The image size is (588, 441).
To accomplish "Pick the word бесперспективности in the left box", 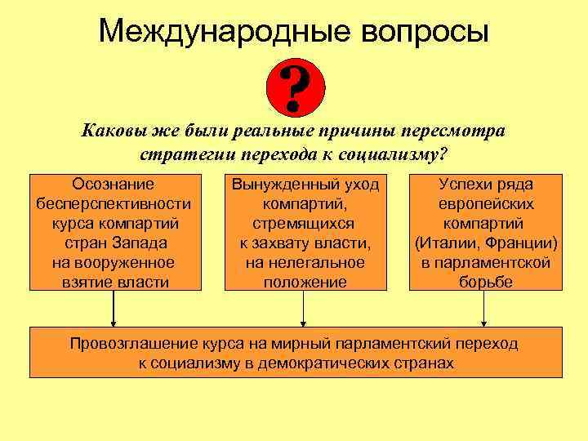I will (113, 203).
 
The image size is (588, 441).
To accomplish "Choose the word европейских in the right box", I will (486, 203).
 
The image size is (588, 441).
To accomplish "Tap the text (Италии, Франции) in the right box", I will (486, 243).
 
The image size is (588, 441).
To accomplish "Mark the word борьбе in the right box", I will (486, 282).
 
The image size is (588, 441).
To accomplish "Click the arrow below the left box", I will (114, 310).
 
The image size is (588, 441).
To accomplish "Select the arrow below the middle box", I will (304, 310).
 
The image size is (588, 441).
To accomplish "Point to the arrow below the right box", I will (484, 310).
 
